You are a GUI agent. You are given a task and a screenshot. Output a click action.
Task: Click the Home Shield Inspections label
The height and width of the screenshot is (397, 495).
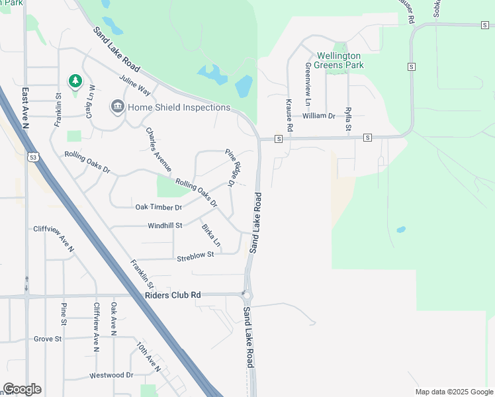click(179, 107)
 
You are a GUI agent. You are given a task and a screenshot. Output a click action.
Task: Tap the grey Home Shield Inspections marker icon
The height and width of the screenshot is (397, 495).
click(117, 107)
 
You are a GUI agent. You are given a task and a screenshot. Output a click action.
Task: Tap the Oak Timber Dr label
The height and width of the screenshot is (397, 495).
click(158, 207)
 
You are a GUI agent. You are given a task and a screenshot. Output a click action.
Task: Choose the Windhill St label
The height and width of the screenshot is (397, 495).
click(165, 226)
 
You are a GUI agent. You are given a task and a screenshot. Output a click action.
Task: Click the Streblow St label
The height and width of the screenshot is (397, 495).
click(196, 254)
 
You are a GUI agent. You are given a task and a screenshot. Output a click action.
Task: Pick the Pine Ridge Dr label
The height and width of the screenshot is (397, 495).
click(230, 167)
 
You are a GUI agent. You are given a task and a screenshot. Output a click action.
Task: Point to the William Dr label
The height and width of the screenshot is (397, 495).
click(319, 116)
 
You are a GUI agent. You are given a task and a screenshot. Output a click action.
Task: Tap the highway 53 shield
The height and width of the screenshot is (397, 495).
click(32, 157)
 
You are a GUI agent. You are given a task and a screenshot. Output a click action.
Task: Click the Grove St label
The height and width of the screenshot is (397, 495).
click(48, 339)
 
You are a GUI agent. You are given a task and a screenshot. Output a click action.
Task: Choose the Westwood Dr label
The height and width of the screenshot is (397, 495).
click(111, 375)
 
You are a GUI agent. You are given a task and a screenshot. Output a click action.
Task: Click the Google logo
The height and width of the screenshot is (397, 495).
click(22, 389)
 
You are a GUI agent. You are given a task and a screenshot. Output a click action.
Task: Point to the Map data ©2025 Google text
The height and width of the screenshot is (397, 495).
click(453, 392)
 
